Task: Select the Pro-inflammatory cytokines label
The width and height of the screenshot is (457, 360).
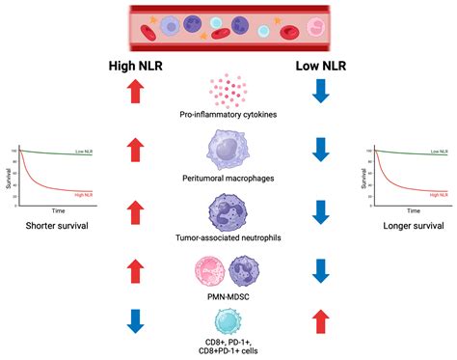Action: click(x=228, y=116)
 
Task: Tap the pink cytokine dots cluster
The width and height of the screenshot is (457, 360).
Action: click(x=228, y=91)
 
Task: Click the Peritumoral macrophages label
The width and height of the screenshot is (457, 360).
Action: click(x=228, y=178)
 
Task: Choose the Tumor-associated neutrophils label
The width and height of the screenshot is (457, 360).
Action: click(x=228, y=237)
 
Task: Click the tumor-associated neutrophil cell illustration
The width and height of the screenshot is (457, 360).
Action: click(x=228, y=211)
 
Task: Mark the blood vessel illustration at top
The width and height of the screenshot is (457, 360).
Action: click(x=228, y=25)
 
